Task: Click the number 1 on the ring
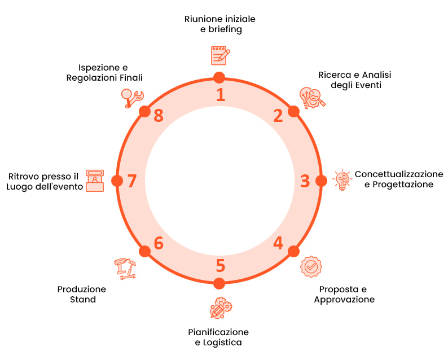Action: pos(221,94)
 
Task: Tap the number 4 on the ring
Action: pos(278,243)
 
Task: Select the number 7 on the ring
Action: pos(132,181)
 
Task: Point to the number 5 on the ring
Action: pos(220,265)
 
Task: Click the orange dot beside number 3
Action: pos(321,181)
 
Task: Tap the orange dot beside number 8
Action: pos(144,111)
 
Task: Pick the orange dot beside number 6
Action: pos(144,251)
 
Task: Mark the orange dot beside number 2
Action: pos(293,111)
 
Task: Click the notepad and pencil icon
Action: pos(219,56)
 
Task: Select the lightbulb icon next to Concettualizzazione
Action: pos(341,179)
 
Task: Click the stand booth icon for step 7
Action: pos(95,181)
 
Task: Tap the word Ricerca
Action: pos(332,74)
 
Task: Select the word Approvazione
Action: pos(344,300)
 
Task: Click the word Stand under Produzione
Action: pos(82,300)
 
